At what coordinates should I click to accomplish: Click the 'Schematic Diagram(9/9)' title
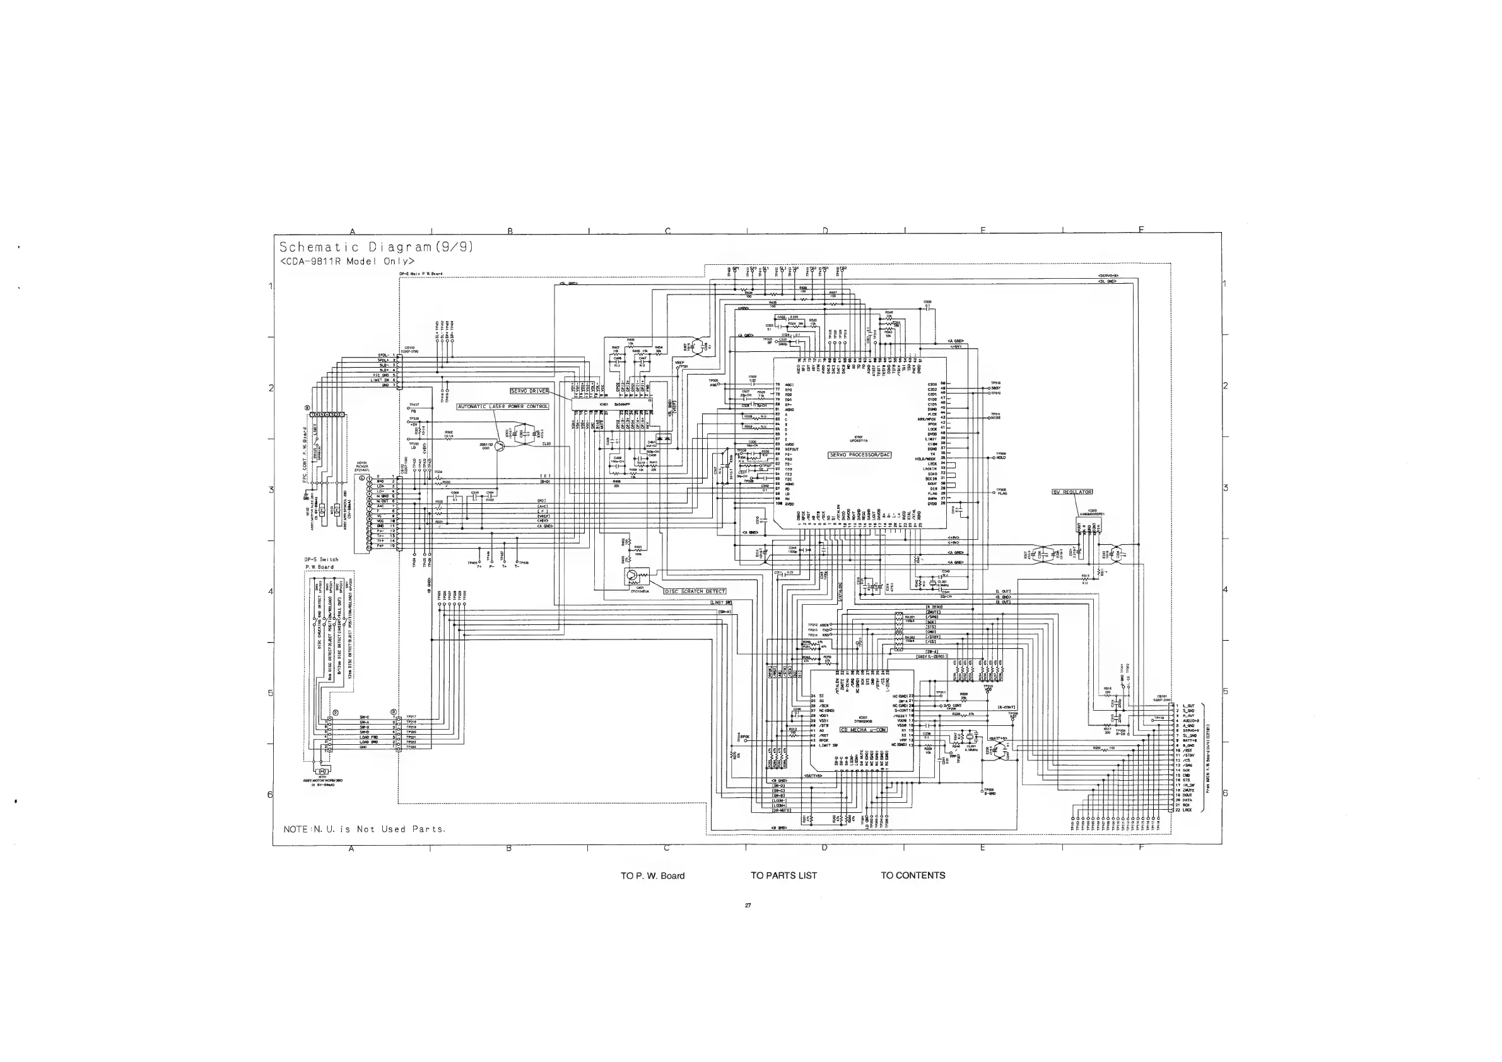[x=375, y=247]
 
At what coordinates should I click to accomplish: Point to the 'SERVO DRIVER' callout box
[x=529, y=391]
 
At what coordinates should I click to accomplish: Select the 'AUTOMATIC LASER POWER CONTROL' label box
[x=502, y=407]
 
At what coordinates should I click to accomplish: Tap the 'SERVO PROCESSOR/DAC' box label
[x=860, y=455]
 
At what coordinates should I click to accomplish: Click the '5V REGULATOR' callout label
[x=1072, y=492]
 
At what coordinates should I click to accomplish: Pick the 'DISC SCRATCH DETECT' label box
[x=695, y=591]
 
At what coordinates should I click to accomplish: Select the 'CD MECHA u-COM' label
[x=863, y=729]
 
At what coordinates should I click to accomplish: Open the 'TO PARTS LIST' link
[x=783, y=875]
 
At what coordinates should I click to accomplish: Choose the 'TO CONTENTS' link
[x=913, y=875]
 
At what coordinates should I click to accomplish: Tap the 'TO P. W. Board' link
[x=652, y=875]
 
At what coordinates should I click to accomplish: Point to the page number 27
[x=748, y=906]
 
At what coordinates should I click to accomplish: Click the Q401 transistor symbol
[x=632, y=576]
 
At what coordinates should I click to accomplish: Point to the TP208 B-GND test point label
[x=989, y=791]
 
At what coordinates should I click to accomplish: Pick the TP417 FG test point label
[x=413, y=408]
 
